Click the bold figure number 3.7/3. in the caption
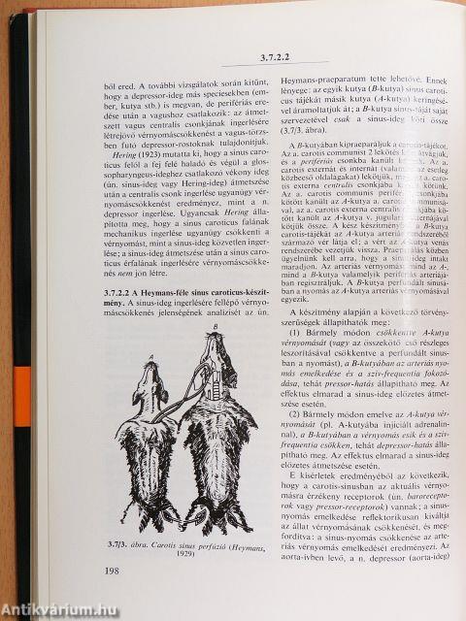[113, 545]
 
